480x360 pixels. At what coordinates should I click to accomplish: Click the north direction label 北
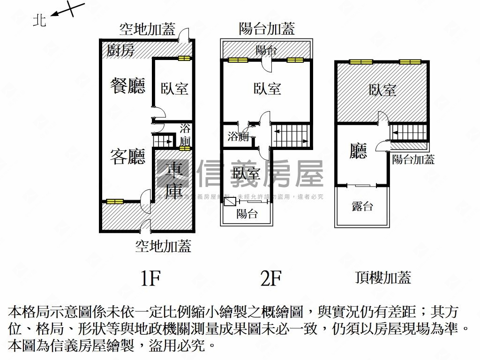[39, 20]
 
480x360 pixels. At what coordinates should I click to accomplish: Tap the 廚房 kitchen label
[120, 50]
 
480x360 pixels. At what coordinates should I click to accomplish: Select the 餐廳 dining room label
[127, 85]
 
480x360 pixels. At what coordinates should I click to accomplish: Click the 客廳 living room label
[127, 157]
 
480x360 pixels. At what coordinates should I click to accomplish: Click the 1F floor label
[151, 279]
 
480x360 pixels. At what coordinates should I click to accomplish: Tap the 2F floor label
[270, 279]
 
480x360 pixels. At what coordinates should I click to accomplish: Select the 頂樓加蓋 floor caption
[383, 277]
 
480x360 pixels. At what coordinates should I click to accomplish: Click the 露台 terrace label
[362, 206]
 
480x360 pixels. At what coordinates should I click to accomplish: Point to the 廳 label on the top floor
[358, 151]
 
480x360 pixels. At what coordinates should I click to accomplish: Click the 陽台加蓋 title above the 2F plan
[267, 29]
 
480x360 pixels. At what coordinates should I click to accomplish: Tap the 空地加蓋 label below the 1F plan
[163, 246]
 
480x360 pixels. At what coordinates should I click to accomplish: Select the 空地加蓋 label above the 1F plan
[147, 30]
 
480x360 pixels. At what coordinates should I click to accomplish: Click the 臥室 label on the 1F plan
[174, 88]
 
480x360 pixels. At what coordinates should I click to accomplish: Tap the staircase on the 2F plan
[292, 135]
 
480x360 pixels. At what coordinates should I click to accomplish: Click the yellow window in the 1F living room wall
[115, 201]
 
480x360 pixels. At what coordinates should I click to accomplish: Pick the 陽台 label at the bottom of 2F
[247, 214]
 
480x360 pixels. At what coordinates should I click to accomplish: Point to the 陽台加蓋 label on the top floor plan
[413, 159]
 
